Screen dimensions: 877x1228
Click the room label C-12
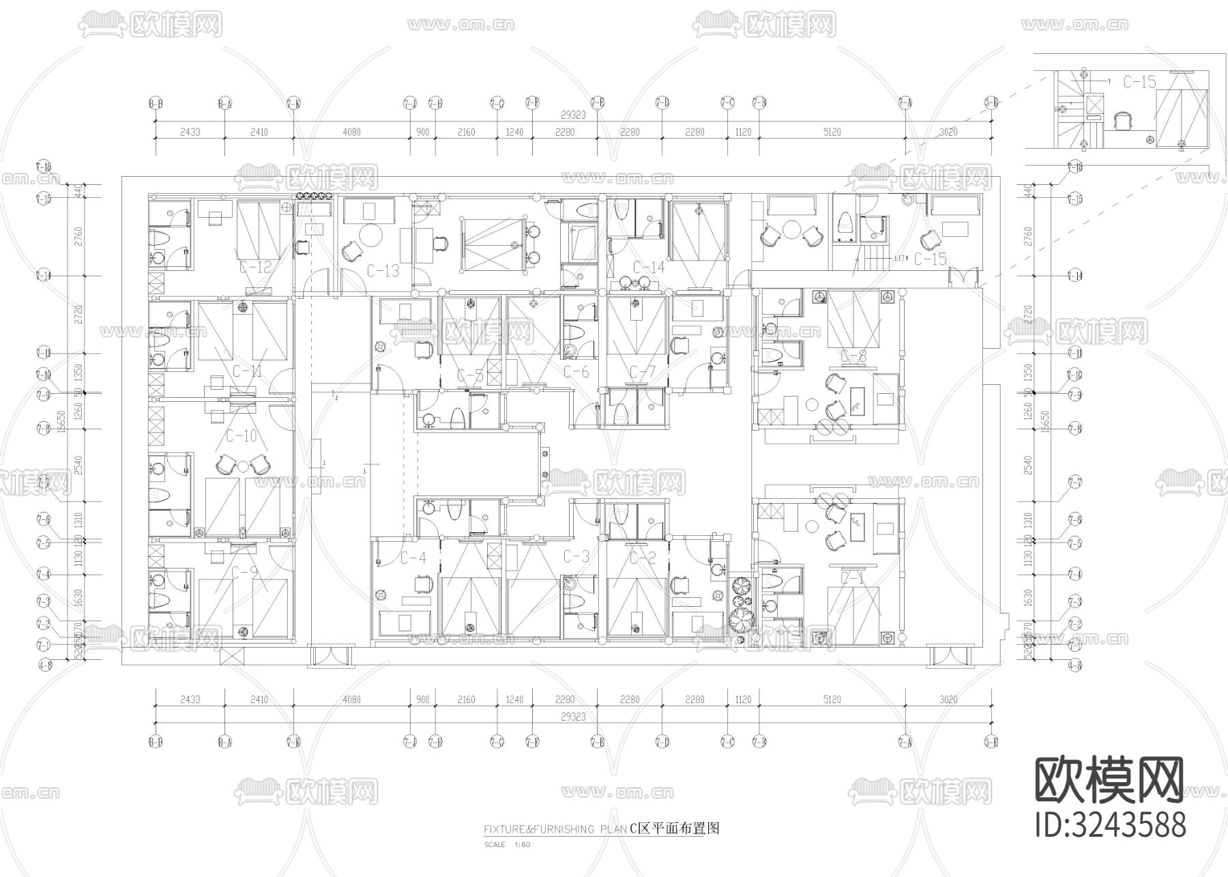pos(257,267)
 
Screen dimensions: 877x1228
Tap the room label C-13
pos(383,271)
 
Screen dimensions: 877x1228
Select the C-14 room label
pos(648,267)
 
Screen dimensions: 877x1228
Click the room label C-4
pos(413,558)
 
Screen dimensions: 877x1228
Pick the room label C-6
pos(576,372)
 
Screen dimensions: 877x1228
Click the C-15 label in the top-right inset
pos(1139,82)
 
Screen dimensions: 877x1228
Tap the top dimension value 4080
pos(351,132)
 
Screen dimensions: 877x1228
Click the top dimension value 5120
pos(832,132)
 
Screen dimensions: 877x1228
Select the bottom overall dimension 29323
pos(573,717)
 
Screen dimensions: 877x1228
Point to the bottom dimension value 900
pos(423,700)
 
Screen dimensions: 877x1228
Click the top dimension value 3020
pos(948,132)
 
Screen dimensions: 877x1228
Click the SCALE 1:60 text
pos(507,844)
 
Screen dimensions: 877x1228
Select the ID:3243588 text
pos(1111,824)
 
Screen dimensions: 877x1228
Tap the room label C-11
pos(247,372)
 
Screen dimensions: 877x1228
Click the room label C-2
pos(642,558)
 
